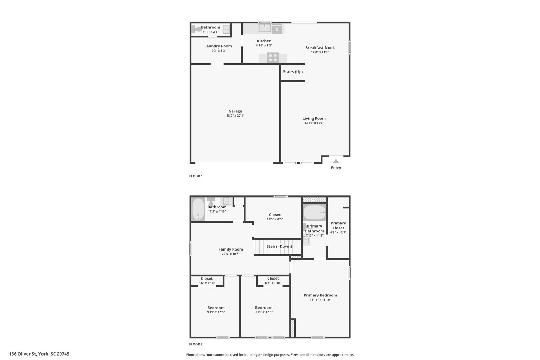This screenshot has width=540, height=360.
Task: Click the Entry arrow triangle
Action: (336, 161)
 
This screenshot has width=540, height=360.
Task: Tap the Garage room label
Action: (235, 111)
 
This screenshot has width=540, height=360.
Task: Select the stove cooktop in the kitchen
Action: (273, 58)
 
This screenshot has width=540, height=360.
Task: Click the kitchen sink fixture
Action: (264, 28)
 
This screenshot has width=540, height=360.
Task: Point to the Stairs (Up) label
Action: (293, 72)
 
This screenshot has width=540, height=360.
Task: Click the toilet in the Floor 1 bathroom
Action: (196, 29)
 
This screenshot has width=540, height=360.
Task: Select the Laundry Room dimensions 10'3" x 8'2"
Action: (218, 51)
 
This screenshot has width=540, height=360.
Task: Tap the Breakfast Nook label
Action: (320, 48)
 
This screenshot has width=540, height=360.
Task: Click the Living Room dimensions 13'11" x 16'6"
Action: (314, 123)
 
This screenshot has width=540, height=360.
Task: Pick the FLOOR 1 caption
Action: (196, 176)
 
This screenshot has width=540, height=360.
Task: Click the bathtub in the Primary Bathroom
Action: (314, 213)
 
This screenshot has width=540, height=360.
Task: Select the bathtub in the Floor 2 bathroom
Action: (198, 209)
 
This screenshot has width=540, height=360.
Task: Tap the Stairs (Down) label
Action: (279, 246)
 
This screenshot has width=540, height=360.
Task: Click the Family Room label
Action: (230, 249)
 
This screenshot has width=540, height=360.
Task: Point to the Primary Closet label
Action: (338, 225)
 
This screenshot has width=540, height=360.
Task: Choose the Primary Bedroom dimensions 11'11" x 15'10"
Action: (320, 300)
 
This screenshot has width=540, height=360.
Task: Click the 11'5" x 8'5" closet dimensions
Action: (274, 219)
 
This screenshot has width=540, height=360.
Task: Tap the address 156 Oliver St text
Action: (39, 354)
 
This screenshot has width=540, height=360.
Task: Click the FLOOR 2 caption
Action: (196, 344)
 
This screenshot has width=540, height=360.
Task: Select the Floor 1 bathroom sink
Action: (226, 29)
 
